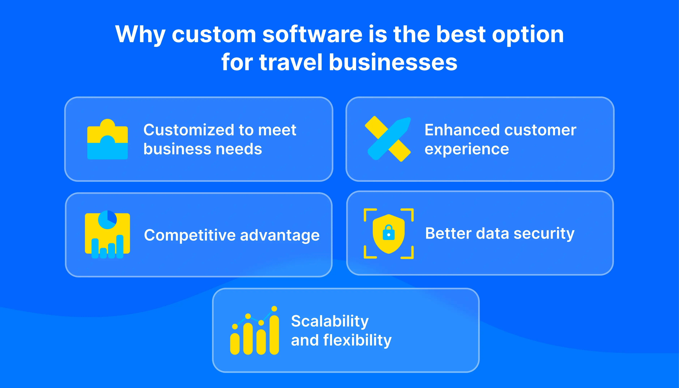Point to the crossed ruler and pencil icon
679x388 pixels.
click(388, 139)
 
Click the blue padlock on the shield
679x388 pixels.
click(389, 233)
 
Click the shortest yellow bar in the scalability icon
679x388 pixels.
click(235, 344)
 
